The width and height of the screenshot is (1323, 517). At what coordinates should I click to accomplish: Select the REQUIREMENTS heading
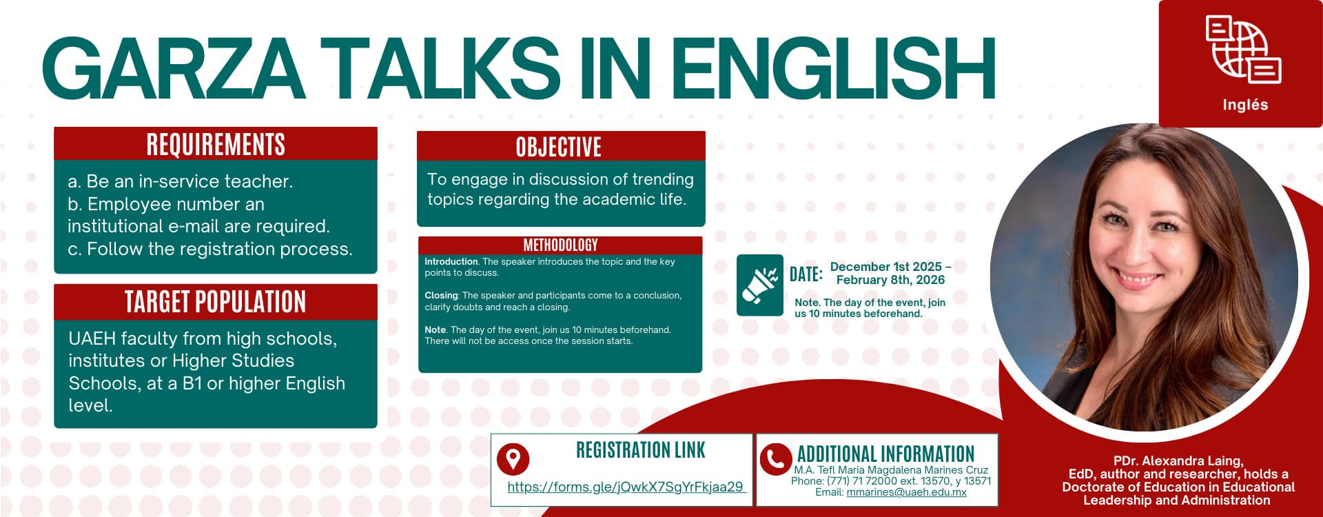point(216,145)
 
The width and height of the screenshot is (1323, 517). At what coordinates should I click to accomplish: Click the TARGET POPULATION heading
point(216,302)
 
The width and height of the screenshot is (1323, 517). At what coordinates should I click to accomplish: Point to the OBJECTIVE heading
point(559,148)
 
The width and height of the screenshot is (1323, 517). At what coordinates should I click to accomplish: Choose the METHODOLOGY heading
point(560,245)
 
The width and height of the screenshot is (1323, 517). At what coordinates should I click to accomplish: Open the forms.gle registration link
point(626,487)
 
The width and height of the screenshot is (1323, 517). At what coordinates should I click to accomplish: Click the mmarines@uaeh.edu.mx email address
point(906,492)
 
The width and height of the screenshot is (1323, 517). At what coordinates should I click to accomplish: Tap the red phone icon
point(775,458)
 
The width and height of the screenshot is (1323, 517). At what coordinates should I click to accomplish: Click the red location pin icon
point(513,458)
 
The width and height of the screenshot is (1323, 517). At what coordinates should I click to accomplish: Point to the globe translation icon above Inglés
point(1243,50)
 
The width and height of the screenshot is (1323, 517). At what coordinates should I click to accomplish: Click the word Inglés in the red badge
point(1245,105)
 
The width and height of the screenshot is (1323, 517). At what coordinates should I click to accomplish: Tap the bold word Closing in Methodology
point(441,295)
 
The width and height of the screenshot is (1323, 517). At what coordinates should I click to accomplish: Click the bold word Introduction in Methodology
point(451,262)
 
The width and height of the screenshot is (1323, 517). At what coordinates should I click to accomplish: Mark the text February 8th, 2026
point(890,280)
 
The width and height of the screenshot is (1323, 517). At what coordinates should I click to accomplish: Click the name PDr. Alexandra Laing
point(1178,461)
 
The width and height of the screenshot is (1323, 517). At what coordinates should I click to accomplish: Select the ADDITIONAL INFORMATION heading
point(886,454)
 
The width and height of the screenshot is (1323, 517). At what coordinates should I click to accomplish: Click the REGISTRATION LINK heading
point(641,450)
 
